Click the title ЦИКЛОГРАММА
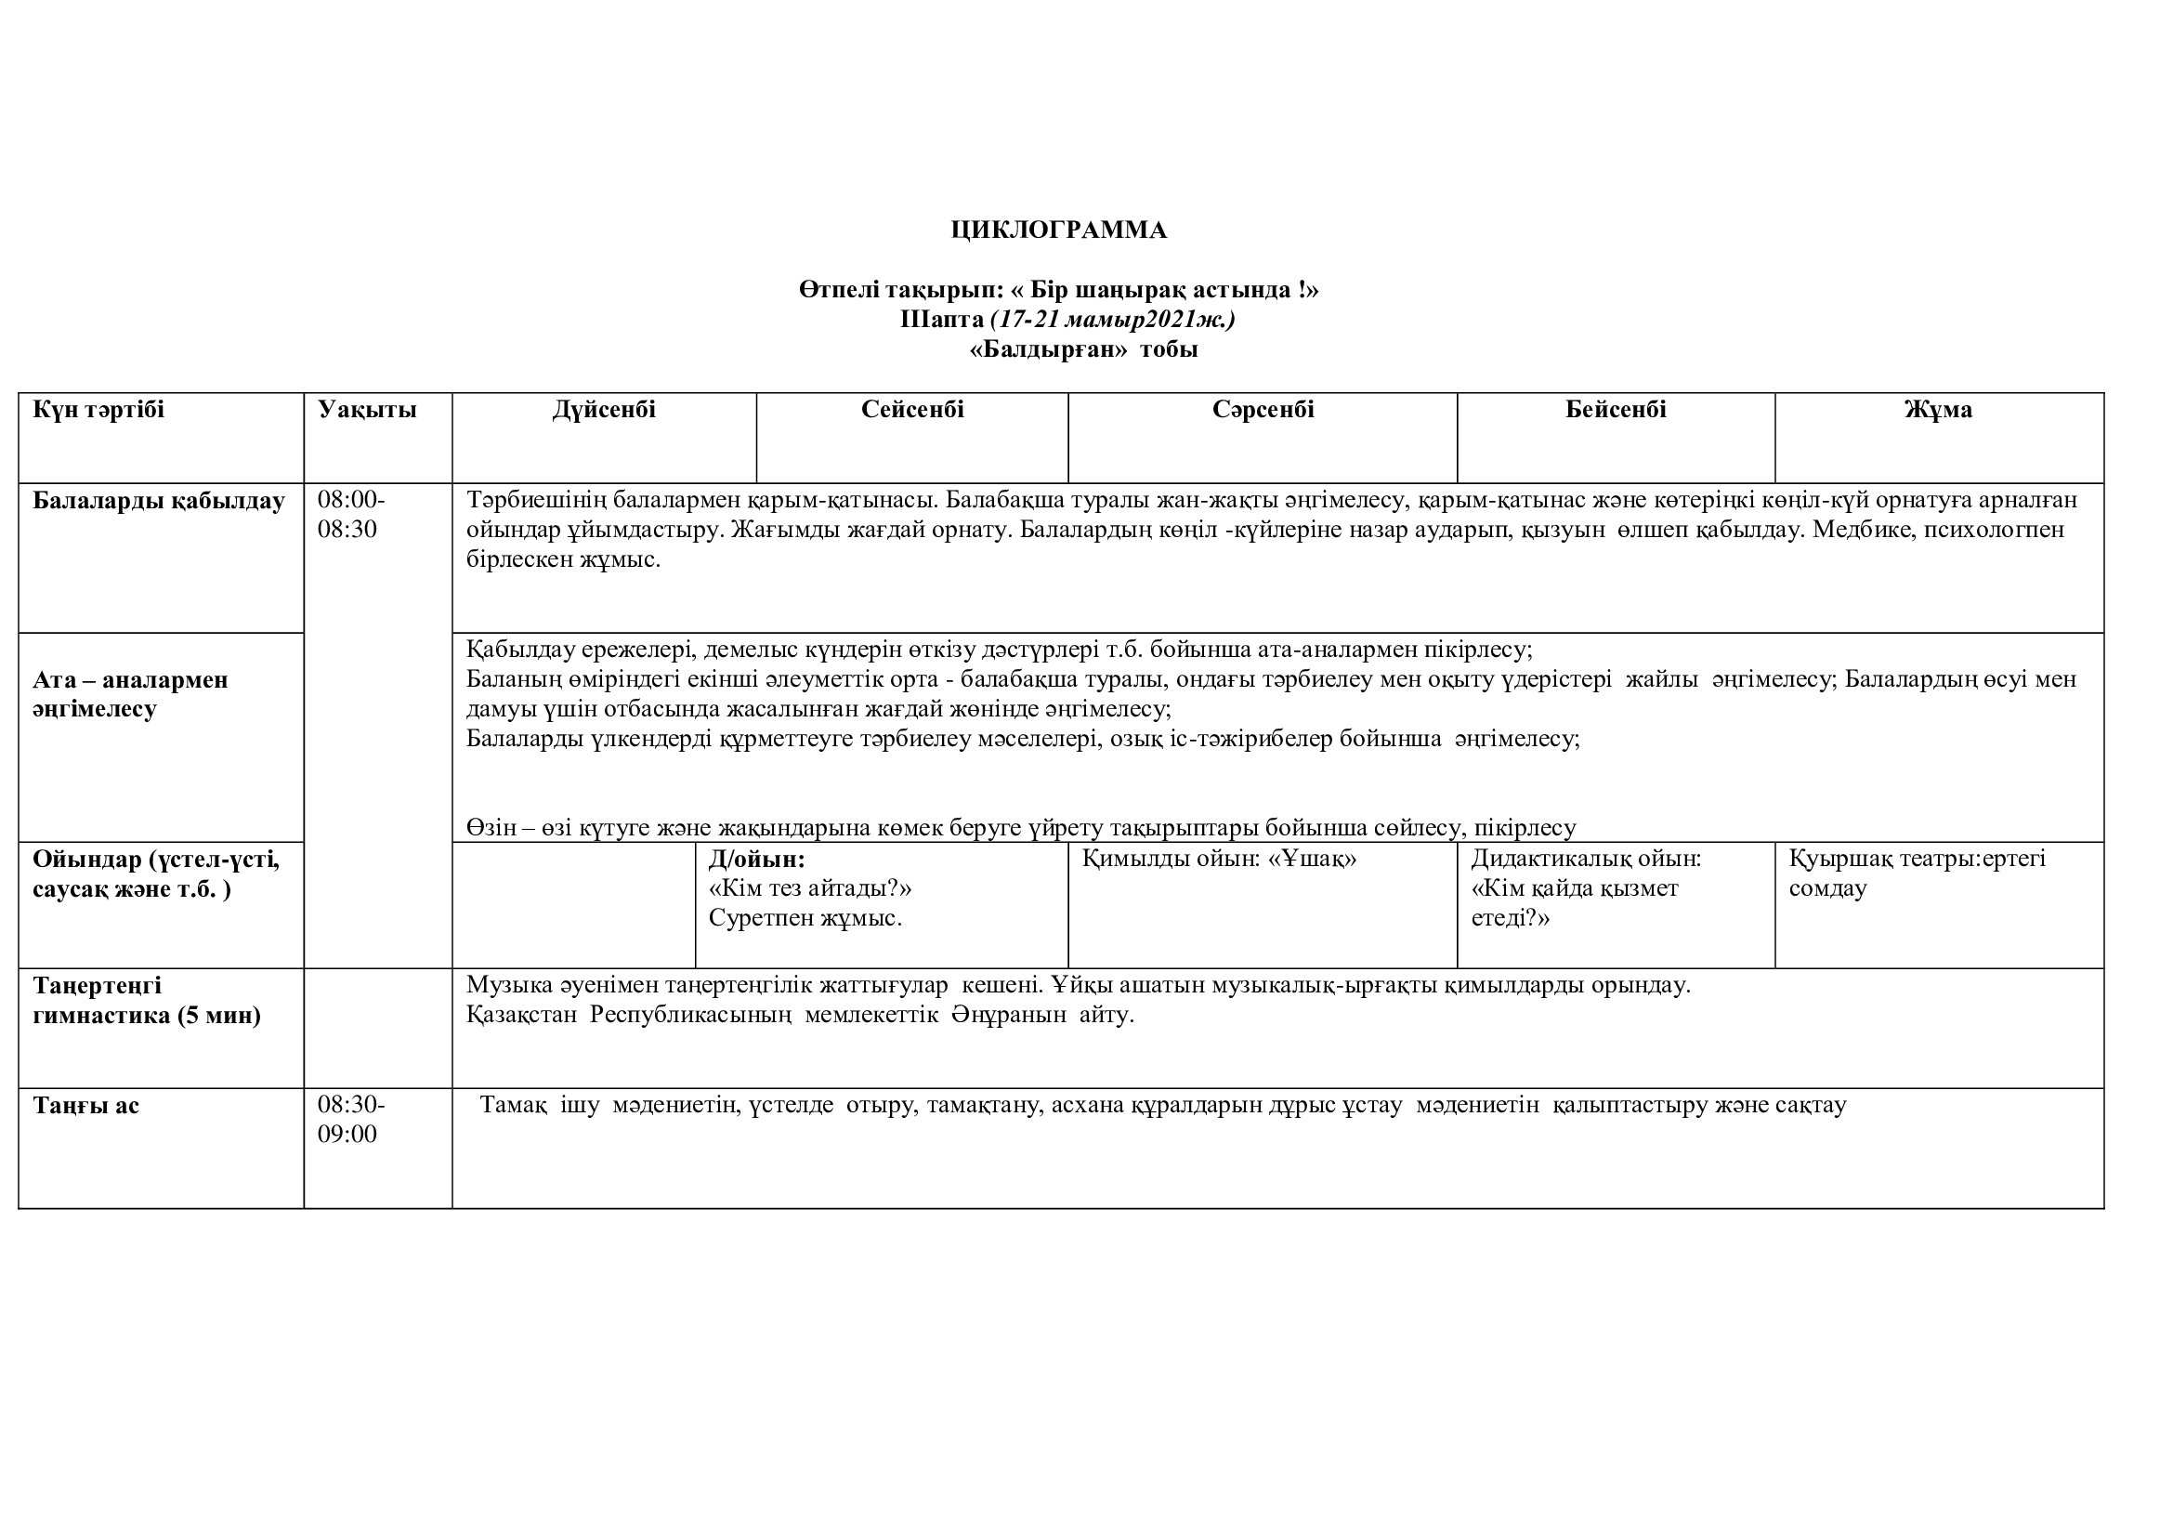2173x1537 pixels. [1058, 230]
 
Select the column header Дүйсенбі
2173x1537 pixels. [604, 410]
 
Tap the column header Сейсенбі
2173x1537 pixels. [912, 410]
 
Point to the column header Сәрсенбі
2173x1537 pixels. [1263, 410]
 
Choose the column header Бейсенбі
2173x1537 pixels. [1616, 410]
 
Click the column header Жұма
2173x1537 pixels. [1938, 410]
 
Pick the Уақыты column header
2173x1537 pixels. [367, 410]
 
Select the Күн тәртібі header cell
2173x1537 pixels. [98, 410]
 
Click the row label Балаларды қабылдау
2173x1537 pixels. [158, 501]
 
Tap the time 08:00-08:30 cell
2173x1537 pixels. [351, 514]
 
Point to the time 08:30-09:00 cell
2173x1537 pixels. [351, 1119]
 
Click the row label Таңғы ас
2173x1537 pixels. [86, 1106]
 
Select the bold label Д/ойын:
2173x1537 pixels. [756, 860]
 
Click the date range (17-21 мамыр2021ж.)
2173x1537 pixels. [1113, 320]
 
